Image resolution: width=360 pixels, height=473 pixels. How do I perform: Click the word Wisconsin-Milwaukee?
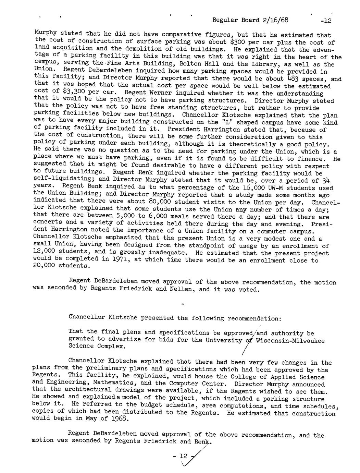[x=290, y=340]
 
